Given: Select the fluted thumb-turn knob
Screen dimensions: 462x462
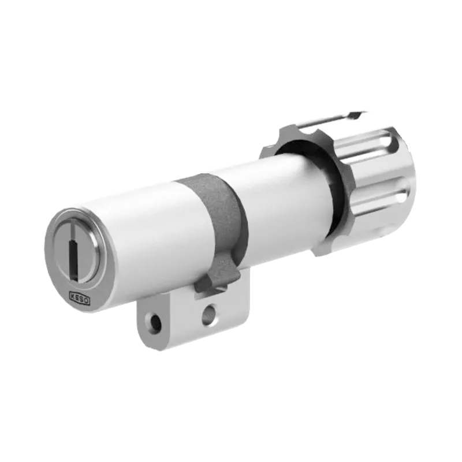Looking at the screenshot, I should tap(370, 179).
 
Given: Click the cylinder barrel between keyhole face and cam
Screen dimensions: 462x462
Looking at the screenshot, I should tap(144, 237).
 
